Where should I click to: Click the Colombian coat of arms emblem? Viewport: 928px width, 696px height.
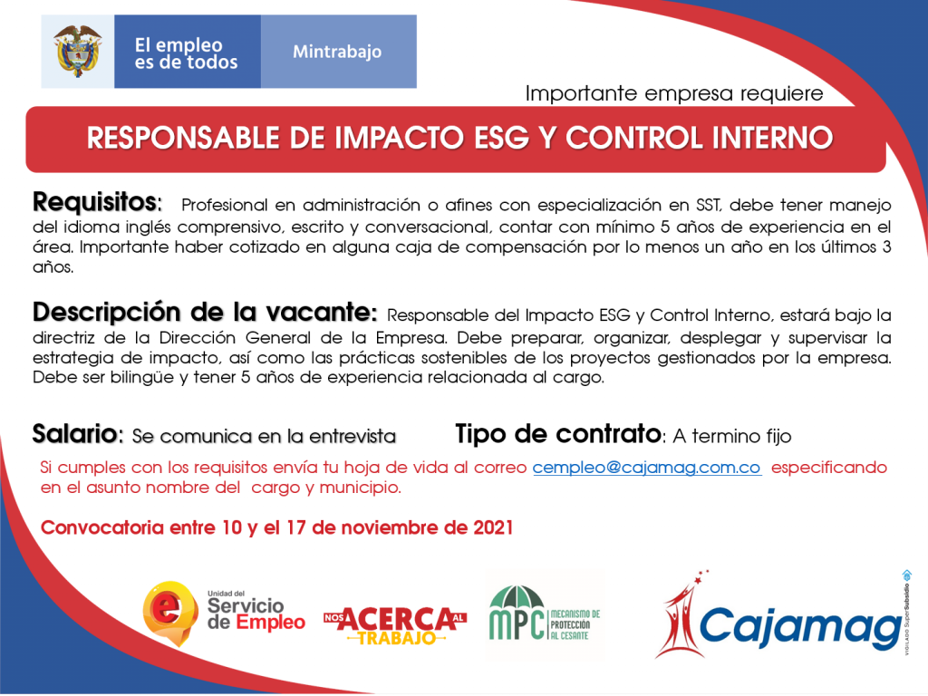(78, 52)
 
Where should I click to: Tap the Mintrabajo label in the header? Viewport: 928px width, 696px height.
(337, 52)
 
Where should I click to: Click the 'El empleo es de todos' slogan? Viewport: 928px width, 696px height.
(186, 53)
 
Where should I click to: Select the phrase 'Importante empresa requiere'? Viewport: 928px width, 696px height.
(674, 93)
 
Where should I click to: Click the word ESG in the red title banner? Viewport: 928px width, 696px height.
(506, 138)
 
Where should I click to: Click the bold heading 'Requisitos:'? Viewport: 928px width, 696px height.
(97, 202)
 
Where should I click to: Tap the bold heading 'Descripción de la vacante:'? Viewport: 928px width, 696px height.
(205, 312)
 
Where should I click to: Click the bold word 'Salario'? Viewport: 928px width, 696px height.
(75, 434)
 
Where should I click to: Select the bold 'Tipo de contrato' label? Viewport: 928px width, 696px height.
(558, 434)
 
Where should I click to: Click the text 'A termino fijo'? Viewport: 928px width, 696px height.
(732, 436)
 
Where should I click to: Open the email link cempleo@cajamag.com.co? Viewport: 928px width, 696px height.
(647, 468)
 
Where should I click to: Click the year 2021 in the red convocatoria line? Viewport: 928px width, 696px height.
(493, 527)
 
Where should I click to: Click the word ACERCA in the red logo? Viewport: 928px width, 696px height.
(397, 619)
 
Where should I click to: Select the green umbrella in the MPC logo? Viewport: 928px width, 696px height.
(517, 597)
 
